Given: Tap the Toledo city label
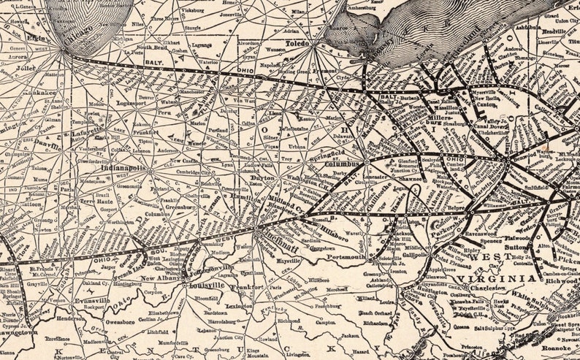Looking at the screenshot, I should (298, 44).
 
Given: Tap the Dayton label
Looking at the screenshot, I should (263, 177).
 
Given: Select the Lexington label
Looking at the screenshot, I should (239, 306).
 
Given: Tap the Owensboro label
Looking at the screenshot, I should (120, 321).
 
